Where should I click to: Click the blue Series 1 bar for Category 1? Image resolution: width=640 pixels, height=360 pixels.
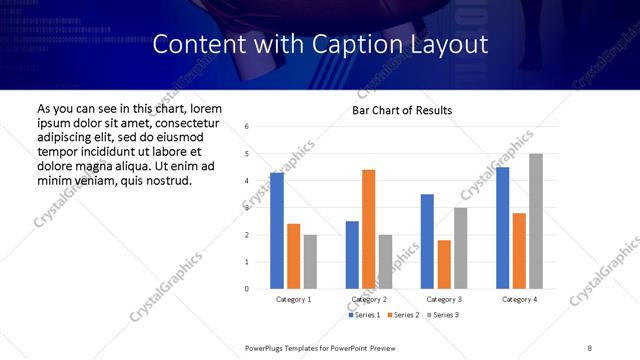click(x=277, y=231)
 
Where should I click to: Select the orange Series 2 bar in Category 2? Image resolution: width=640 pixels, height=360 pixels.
click(x=368, y=229)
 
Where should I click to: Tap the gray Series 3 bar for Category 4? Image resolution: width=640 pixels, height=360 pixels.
click(x=536, y=221)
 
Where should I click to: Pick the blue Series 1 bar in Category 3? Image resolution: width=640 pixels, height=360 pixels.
click(x=427, y=241)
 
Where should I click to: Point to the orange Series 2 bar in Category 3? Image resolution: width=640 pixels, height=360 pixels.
click(x=444, y=264)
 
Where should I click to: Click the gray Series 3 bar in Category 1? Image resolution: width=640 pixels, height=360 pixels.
click(x=310, y=262)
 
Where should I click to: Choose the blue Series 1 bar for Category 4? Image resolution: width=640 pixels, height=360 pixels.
click(x=502, y=228)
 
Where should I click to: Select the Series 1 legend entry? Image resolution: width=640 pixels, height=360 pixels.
click(x=364, y=315)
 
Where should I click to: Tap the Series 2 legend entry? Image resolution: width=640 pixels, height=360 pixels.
click(x=402, y=315)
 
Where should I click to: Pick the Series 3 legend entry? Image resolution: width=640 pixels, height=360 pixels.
click(x=441, y=315)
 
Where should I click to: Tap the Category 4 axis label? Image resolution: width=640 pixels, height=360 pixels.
click(x=519, y=299)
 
